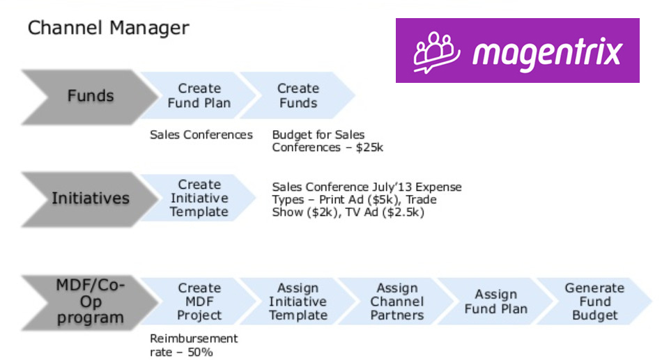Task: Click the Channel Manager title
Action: [x=109, y=29]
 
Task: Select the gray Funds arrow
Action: [x=89, y=97]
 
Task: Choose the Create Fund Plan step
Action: [x=199, y=95]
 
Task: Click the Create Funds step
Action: [x=298, y=95]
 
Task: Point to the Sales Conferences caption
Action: [x=201, y=135]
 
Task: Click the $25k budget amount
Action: [x=369, y=148]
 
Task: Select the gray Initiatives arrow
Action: [x=89, y=199]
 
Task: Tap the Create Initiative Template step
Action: [x=199, y=198]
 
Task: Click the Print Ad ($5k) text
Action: [x=360, y=200]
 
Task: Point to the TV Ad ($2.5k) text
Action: [x=385, y=212]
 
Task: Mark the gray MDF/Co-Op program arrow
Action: [x=89, y=302]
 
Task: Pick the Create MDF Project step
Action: [x=199, y=302]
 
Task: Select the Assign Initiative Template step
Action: [x=298, y=302]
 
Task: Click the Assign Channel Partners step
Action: [x=397, y=302]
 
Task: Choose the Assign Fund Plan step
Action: [x=495, y=302]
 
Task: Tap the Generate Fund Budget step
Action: [x=594, y=302]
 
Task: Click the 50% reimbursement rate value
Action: [x=200, y=352]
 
